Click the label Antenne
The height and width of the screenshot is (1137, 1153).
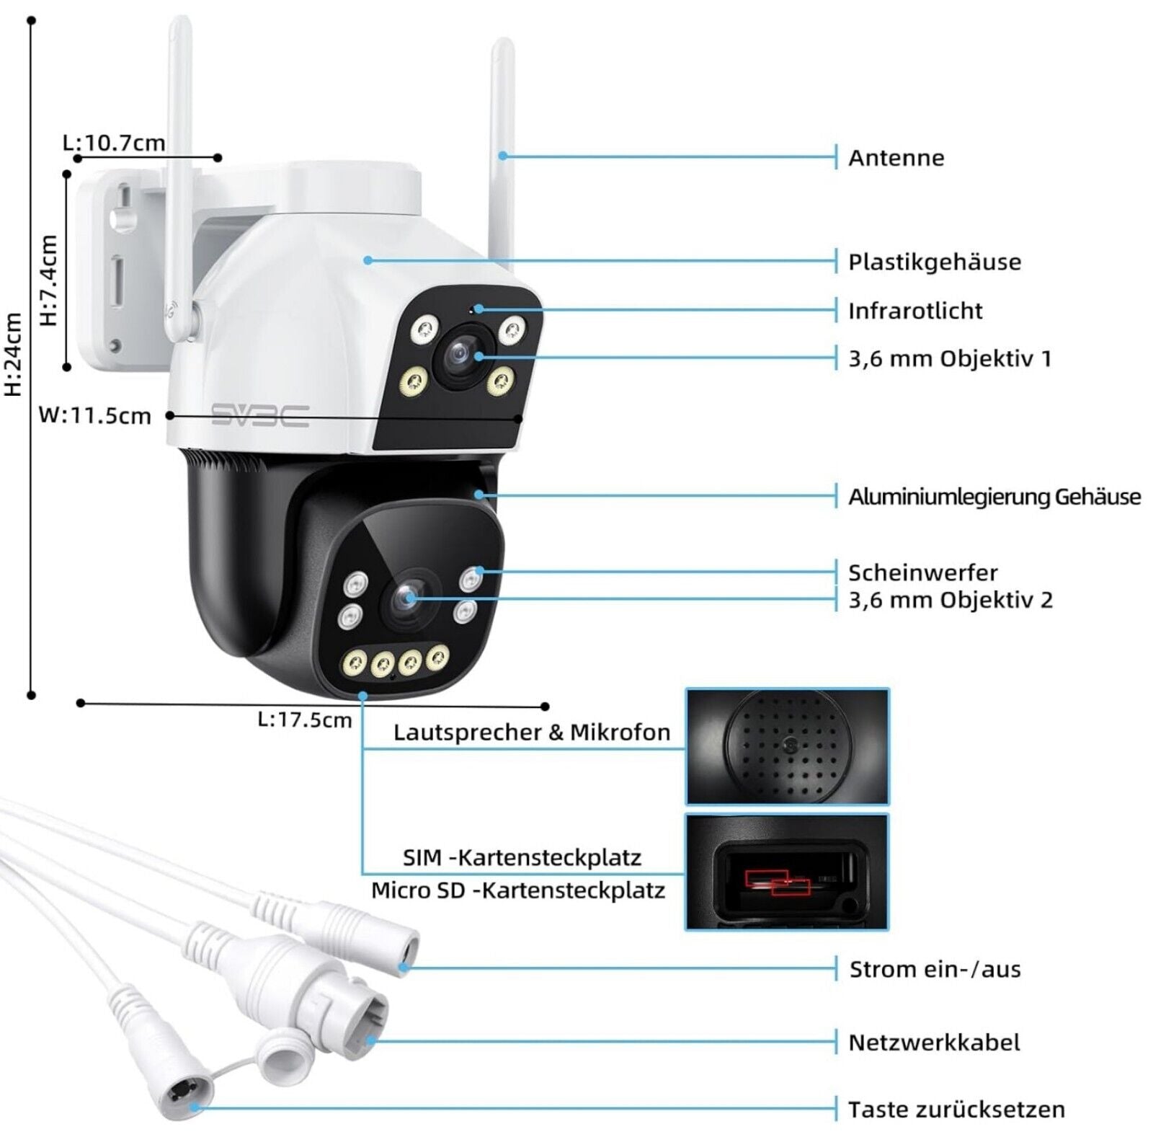tap(896, 158)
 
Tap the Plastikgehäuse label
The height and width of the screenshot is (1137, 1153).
tap(934, 262)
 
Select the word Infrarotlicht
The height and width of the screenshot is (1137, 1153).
tap(914, 311)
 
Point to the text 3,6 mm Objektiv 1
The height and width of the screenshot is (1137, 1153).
tap(949, 358)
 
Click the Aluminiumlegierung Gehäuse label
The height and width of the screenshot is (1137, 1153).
tap(994, 497)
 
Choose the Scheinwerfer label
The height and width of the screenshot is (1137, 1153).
tap(922, 573)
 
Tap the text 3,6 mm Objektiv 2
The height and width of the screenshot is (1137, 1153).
tap(950, 600)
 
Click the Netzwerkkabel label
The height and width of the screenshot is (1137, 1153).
tap(934, 1043)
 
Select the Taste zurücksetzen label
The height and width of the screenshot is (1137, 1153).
tap(956, 1109)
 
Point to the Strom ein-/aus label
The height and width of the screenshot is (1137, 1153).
tap(935, 970)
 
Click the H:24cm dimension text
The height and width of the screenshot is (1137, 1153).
tap(14, 354)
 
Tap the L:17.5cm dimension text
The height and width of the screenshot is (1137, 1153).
tap(305, 720)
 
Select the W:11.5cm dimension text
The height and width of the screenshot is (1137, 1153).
tap(94, 416)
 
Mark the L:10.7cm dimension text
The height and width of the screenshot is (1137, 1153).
tap(114, 143)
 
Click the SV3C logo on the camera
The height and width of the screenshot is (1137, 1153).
tap(260, 416)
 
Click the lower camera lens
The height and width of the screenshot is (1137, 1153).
tap(406, 598)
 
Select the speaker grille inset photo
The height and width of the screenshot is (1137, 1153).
tap(787, 747)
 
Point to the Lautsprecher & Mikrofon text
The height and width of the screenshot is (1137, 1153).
tap(531, 733)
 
